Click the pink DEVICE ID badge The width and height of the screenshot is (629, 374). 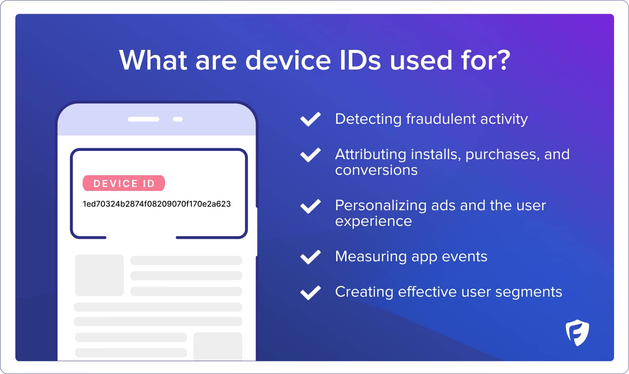click(123, 183)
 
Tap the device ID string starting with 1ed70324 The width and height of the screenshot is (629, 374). click(157, 204)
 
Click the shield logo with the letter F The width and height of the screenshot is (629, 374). click(578, 333)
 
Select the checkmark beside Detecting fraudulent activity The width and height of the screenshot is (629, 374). click(310, 119)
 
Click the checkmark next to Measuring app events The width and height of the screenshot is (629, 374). click(310, 257)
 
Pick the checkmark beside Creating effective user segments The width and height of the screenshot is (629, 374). click(310, 293)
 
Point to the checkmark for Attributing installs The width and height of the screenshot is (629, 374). click(310, 155)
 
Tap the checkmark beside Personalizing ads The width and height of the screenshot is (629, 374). click(310, 206)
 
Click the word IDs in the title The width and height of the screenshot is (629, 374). click(360, 60)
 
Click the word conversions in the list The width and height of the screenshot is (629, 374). click(376, 170)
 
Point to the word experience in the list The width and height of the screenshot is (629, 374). click(373, 222)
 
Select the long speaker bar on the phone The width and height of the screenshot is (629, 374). click(143, 119)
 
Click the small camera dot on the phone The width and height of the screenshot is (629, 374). click(178, 119)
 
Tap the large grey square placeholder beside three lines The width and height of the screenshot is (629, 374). click(99, 275)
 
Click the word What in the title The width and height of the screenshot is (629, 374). click(153, 60)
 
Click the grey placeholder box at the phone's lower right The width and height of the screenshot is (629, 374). click(218, 346)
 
